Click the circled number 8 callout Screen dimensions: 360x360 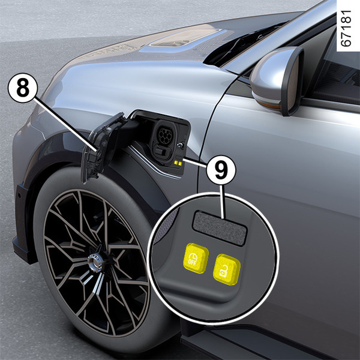[23, 88]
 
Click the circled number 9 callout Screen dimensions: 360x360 [221, 170]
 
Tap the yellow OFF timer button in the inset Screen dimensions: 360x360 [196, 258]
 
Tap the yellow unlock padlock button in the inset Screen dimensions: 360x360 [227, 269]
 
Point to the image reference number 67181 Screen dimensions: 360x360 [346, 28]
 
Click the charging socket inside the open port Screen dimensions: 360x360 [164, 140]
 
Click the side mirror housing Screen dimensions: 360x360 [277, 80]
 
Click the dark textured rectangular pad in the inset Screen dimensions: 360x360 [220, 228]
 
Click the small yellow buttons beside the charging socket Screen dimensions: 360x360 [178, 163]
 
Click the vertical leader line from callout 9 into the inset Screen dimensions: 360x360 [221, 202]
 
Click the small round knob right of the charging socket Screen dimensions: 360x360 [181, 145]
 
